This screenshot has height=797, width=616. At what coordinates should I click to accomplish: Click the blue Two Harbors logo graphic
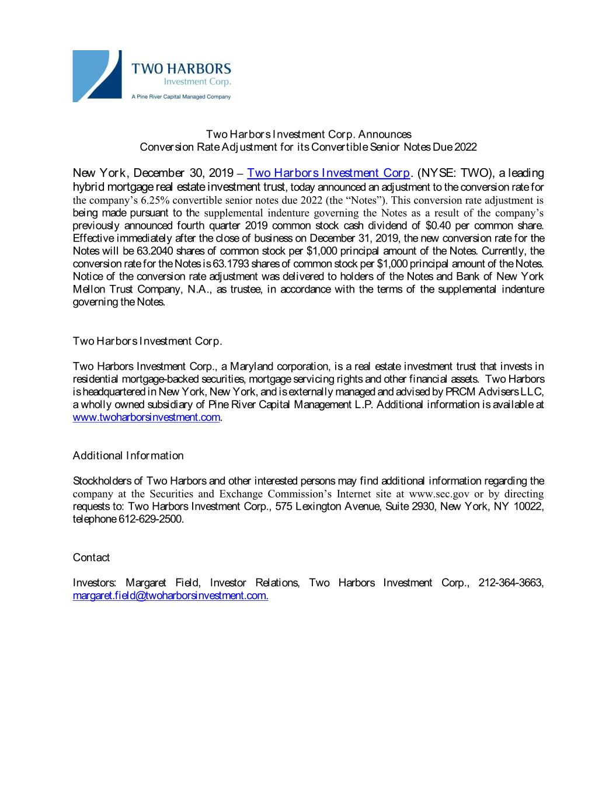pos(97,76)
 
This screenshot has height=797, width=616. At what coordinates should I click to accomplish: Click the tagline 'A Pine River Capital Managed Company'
pos(180,97)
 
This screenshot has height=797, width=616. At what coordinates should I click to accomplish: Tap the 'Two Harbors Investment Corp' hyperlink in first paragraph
pos(329,173)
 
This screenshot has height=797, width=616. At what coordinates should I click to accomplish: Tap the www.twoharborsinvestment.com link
pos(147,417)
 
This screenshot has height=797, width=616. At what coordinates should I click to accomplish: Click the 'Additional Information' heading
pos(128,455)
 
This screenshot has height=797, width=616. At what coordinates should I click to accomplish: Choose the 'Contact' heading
pos(91,558)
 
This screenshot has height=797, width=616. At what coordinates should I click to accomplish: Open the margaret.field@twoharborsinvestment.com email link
pos(170,596)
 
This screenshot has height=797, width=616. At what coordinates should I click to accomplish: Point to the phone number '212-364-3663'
pos(511,583)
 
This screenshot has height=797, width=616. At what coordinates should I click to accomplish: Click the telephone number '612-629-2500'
pos(151,519)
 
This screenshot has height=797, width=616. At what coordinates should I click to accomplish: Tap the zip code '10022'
pos(529,506)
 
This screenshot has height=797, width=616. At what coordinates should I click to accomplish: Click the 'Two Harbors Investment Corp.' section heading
pos(147,341)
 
